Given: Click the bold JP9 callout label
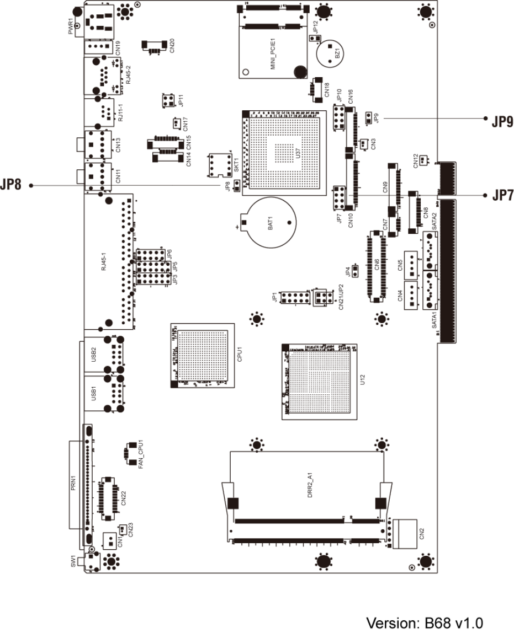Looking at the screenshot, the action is pos(498,121).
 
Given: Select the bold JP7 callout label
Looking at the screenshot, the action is pos(498,195).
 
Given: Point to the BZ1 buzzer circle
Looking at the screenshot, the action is pos(331,53).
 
